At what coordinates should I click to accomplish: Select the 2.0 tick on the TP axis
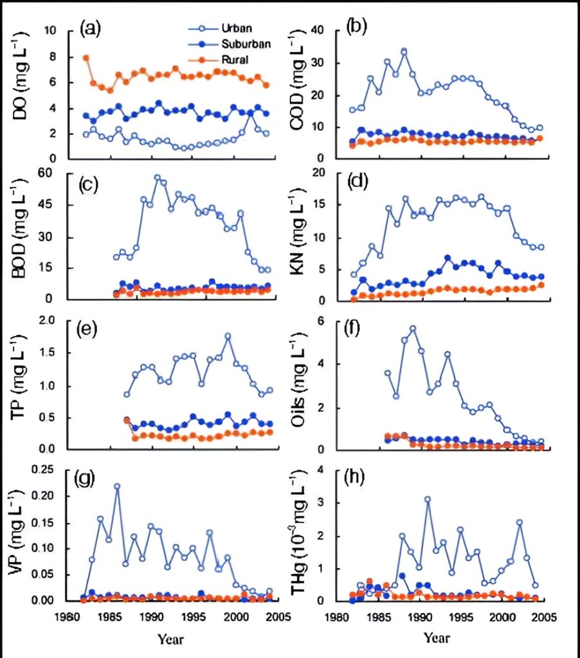[x=56, y=321]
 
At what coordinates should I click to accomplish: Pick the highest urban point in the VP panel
[x=117, y=487]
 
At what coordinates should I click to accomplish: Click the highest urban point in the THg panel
[x=427, y=499]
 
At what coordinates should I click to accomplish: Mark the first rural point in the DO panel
[x=86, y=58]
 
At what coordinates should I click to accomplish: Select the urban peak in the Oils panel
[x=413, y=329]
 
